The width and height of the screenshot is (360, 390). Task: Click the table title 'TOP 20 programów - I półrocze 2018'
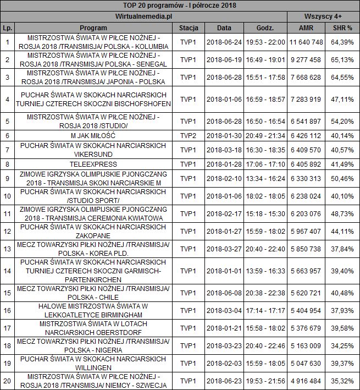pyautogui.click(x=180, y=6)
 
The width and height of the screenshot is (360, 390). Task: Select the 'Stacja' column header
pyautogui.click(x=188, y=28)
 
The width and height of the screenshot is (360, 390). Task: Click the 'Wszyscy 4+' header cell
pyautogui.click(x=323, y=17)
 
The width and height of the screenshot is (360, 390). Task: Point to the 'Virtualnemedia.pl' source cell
pyautogui.click(x=145, y=17)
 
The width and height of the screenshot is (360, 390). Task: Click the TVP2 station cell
pyautogui.click(x=188, y=135)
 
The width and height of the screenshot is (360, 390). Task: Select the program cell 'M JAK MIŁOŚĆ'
pyautogui.click(x=93, y=135)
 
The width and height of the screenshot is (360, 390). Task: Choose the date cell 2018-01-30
pyautogui.click(x=224, y=135)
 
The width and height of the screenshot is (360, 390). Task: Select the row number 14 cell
pyautogui.click(x=7, y=271)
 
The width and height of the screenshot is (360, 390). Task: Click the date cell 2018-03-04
pyautogui.click(x=224, y=310)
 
